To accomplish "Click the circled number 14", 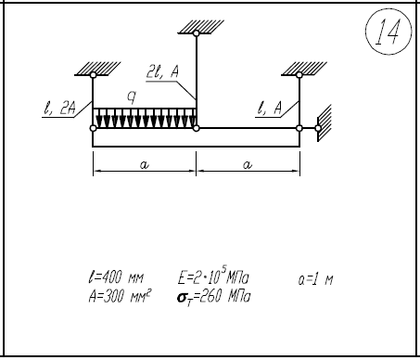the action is pos(388,32).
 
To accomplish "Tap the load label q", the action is pos(132,97).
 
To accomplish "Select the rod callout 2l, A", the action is pos(162,72).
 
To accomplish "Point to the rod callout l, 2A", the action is pos(59,109).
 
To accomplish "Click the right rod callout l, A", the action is pos(270,109).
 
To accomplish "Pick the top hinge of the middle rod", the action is pos(197,33).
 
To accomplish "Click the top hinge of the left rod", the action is pos(93,75).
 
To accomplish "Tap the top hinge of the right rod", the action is pos(299,75).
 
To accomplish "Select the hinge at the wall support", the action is pos(318,128).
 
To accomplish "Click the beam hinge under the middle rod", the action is pos(197,128).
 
